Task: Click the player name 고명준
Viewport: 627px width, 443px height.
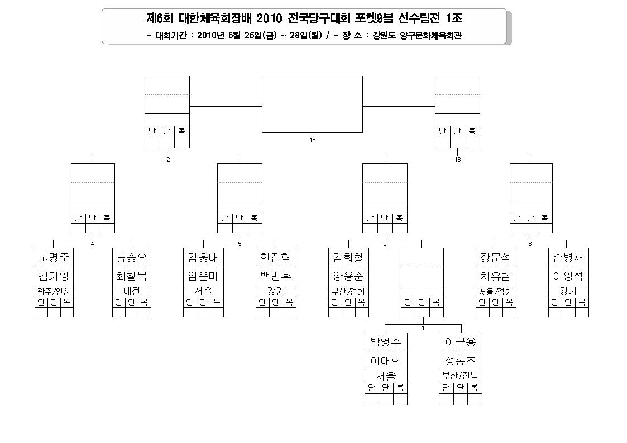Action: (x=54, y=258)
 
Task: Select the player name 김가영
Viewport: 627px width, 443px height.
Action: (x=54, y=276)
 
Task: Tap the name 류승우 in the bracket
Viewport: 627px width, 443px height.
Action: (x=132, y=258)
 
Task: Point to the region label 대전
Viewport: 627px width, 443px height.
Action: (x=132, y=291)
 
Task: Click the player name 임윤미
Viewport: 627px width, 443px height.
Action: (x=203, y=276)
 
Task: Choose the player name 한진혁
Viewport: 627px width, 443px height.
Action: (x=275, y=258)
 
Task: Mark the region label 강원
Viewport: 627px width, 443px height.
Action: (x=275, y=291)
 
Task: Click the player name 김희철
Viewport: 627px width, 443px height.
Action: (x=348, y=258)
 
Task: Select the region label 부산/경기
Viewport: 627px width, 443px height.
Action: (x=348, y=292)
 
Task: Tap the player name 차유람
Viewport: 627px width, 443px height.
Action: (x=496, y=276)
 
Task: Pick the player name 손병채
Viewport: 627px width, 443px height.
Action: (x=568, y=258)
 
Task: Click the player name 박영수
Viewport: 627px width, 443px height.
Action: (x=386, y=342)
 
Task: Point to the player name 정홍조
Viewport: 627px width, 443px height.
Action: (x=461, y=361)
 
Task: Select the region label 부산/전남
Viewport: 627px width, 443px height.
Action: (x=461, y=376)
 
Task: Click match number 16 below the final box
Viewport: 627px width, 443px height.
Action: (x=313, y=140)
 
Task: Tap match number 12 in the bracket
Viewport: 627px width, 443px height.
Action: (x=167, y=160)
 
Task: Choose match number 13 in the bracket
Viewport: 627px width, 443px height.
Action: (x=458, y=160)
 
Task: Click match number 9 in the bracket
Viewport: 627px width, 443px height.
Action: (x=385, y=244)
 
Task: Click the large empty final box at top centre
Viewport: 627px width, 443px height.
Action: (x=312, y=104)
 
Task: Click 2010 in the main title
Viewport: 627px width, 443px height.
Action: (x=270, y=18)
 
